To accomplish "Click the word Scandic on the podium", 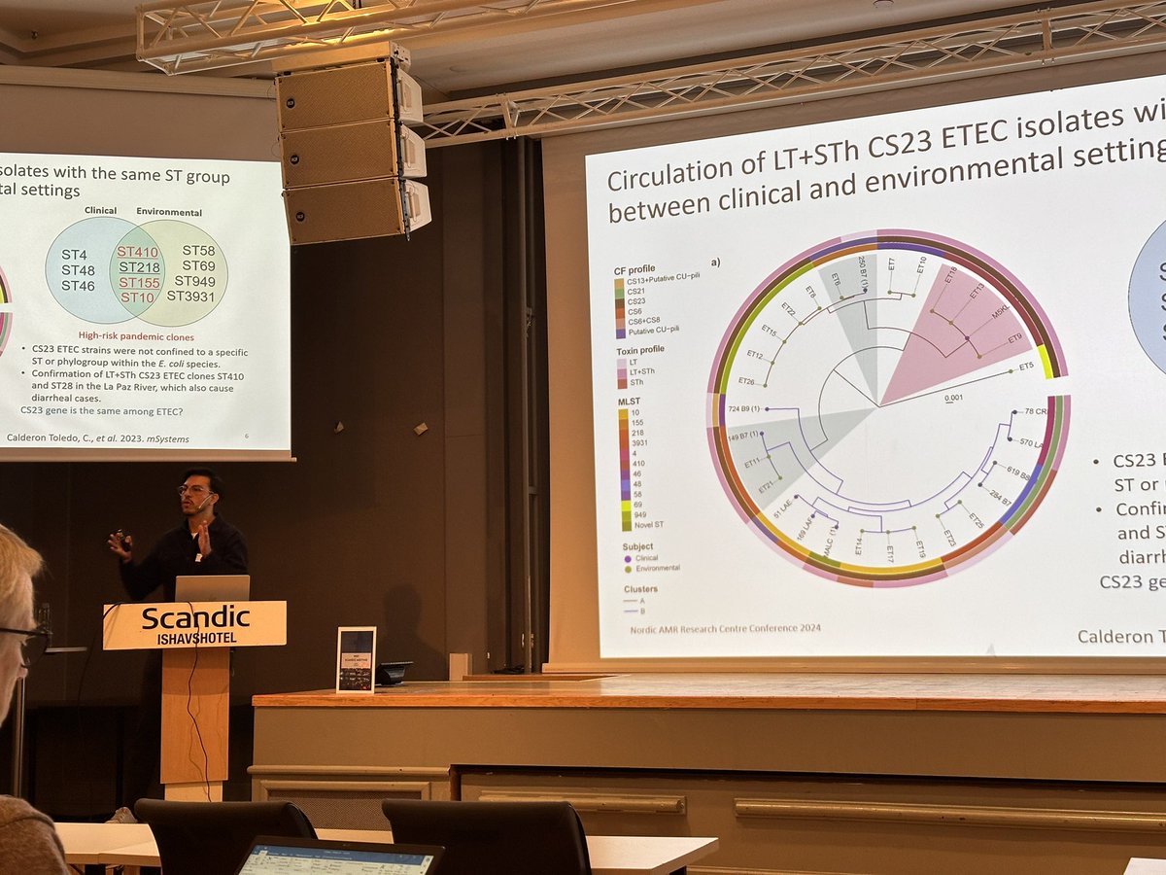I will tap(195, 617).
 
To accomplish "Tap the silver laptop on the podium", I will tap(212, 588).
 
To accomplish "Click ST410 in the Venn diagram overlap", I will tap(139, 252).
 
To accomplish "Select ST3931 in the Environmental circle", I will tap(190, 296).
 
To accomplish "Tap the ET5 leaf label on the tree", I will tap(1026, 367).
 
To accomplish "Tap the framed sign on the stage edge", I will tap(356, 659).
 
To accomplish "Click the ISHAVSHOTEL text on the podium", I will tap(194, 637).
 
